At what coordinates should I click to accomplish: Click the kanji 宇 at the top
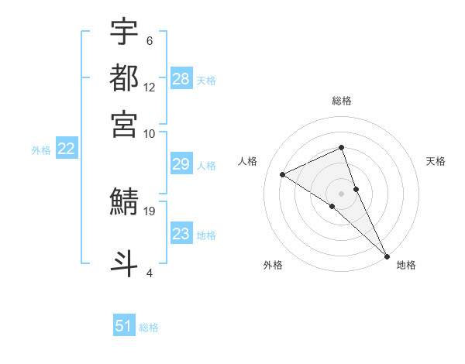coord(125,33)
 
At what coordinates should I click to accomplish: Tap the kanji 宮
coord(125,124)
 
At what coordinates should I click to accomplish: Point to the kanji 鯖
coord(125,202)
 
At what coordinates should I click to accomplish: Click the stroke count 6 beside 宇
coord(149,41)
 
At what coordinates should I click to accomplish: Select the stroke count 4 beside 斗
coord(149,273)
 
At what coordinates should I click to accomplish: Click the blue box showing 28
coord(181,79)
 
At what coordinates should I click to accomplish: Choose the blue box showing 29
coord(181,164)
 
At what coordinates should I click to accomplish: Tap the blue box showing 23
coord(181,234)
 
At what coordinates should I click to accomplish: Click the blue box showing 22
coord(67,149)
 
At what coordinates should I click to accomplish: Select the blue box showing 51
coord(124,326)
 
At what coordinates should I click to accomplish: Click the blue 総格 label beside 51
coord(149,328)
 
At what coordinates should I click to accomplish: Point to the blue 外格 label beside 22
coord(41,150)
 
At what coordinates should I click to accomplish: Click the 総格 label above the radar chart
coord(342,101)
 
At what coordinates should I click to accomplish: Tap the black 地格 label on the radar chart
coord(406,265)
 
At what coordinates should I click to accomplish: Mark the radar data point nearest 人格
coord(283,174)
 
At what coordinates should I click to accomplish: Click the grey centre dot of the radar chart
coord(342,193)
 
